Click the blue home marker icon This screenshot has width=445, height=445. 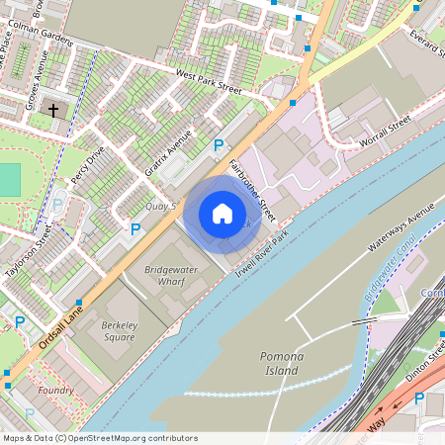[222, 214]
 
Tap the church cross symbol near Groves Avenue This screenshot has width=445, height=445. [53, 110]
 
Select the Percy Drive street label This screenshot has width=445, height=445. [87, 167]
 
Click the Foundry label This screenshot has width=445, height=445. [55, 391]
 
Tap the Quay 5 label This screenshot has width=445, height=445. [160, 206]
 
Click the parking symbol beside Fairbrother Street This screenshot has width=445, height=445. [219, 145]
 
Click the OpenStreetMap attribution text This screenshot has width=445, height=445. [99, 438]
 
